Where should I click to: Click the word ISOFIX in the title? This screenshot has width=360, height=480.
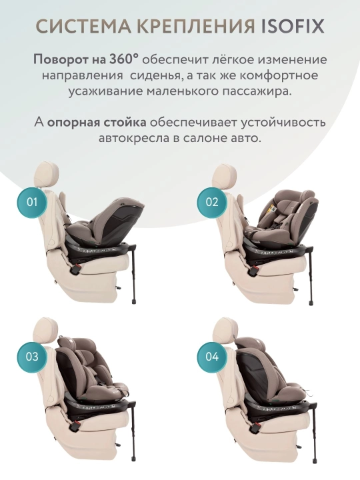pyautogui.click(x=293, y=26)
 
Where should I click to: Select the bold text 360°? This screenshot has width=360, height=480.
pyautogui.click(x=121, y=59)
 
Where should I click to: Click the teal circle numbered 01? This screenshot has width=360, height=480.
pyautogui.click(x=32, y=202)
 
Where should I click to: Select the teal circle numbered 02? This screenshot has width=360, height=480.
pyautogui.click(x=212, y=202)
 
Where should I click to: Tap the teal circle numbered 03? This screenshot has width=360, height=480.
pyautogui.click(x=32, y=357)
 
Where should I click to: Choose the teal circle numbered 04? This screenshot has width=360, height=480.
pyautogui.click(x=212, y=357)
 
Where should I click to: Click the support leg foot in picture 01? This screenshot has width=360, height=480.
pyautogui.click(x=134, y=301)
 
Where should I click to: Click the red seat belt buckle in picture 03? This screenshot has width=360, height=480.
pyautogui.click(x=75, y=425)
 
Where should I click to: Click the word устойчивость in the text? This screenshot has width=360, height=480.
pyautogui.click(x=283, y=123)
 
